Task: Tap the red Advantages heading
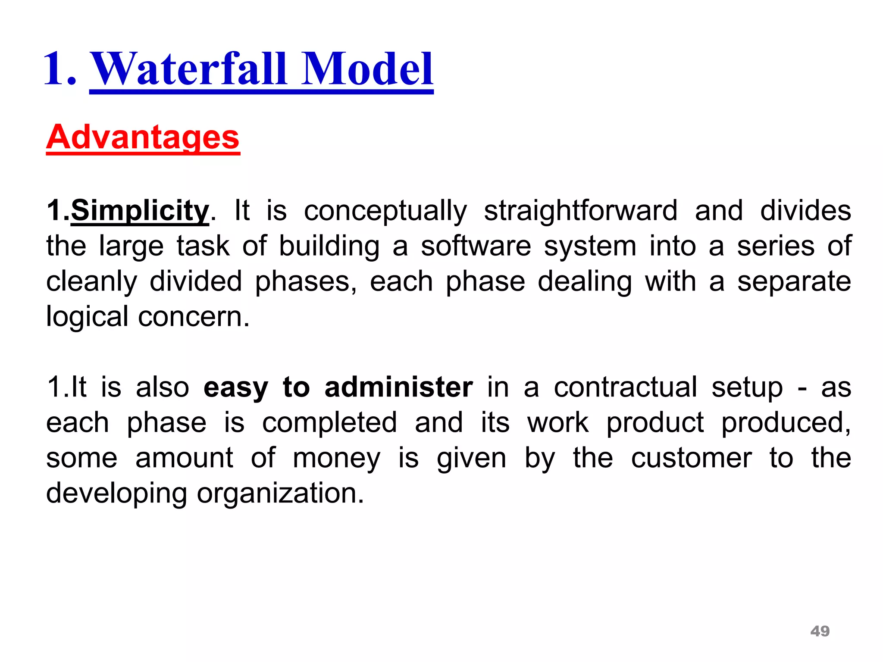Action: (x=143, y=137)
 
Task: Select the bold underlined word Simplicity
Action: (x=140, y=211)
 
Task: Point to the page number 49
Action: (x=820, y=631)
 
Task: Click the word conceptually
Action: (x=385, y=211)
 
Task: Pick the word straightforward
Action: (x=580, y=211)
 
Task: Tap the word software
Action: (x=476, y=247)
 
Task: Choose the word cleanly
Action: (x=91, y=282)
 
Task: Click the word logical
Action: (x=87, y=317)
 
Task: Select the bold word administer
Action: (x=399, y=387)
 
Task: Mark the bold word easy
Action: (x=235, y=388)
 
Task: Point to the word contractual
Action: (x=625, y=387)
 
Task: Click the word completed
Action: (x=329, y=422)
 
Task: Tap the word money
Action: (x=337, y=458)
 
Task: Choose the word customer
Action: (x=692, y=458)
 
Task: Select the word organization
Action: (x=280, y=493)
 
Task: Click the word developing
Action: (x=116, y=493)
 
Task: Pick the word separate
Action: (x=794, y=282)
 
